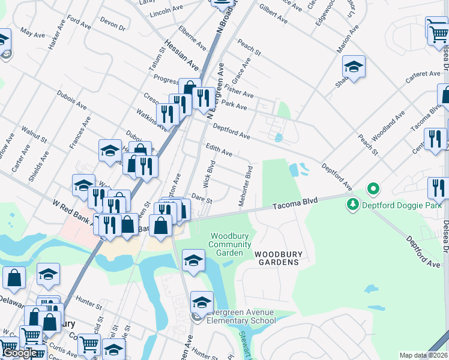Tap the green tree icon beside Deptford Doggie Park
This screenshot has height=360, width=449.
[x=352, y=206]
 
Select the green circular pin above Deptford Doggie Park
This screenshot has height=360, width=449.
[x=373, y=190]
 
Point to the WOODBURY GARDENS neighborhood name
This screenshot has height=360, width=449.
[x=277, y=258]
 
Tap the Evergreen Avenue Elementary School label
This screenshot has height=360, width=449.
[x=241, y=316]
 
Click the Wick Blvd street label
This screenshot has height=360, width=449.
[x=211, y=172]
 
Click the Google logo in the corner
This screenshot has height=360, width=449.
[x=20, y=353]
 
